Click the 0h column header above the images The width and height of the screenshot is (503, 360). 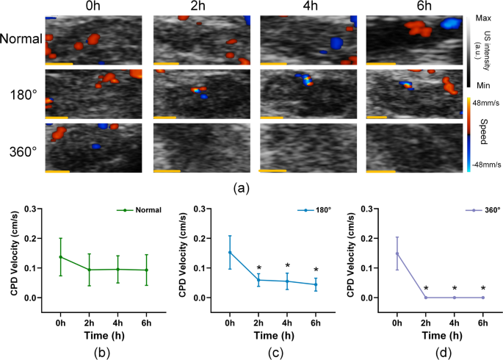pos(93,7)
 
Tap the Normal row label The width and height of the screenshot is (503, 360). pos(21,39)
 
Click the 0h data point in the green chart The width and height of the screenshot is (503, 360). pos(60,257)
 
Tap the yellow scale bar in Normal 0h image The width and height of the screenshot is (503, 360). pos(59,64)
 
